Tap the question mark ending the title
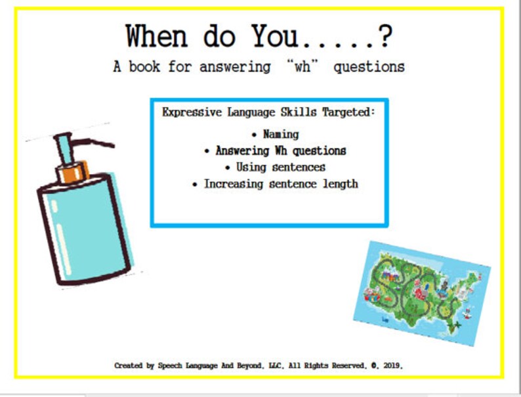[x=386, y=37]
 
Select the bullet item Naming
[x=280, y=134]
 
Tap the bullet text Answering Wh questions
[x=280, y=151]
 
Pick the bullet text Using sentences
[x=280, y=167]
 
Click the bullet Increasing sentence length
[x=280, y=184]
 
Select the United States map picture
[x=422, y=293]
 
